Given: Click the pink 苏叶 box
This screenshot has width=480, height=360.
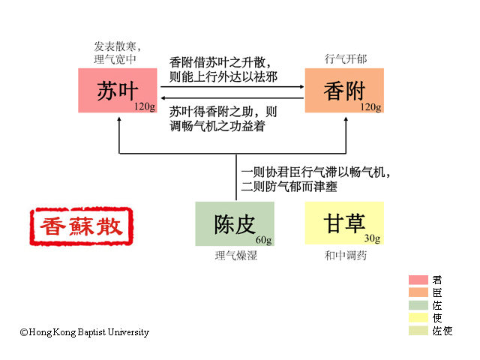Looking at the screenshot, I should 117,91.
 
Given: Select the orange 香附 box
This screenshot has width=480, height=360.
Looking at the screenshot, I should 343,91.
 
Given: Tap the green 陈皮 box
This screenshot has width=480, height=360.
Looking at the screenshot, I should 234,223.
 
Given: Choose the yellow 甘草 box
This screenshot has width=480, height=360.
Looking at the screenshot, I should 343,223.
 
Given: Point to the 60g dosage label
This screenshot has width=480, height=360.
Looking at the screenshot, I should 263,240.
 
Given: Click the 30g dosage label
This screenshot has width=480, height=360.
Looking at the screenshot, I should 373,239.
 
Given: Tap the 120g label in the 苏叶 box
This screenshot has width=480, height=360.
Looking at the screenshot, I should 145,107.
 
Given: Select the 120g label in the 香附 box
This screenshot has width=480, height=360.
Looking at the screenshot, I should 371,107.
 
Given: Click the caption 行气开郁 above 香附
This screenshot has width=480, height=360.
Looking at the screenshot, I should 346,58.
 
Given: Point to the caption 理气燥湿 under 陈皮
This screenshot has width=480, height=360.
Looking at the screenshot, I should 235,256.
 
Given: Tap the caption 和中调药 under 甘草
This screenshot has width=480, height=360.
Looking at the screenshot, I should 346,256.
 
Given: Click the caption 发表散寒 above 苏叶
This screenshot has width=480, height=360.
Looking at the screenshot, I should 118,46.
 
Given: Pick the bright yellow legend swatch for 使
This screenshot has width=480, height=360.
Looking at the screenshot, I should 418,318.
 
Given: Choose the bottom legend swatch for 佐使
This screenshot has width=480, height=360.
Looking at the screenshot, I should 418,331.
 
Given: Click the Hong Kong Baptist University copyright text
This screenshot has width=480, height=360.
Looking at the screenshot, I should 84,332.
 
